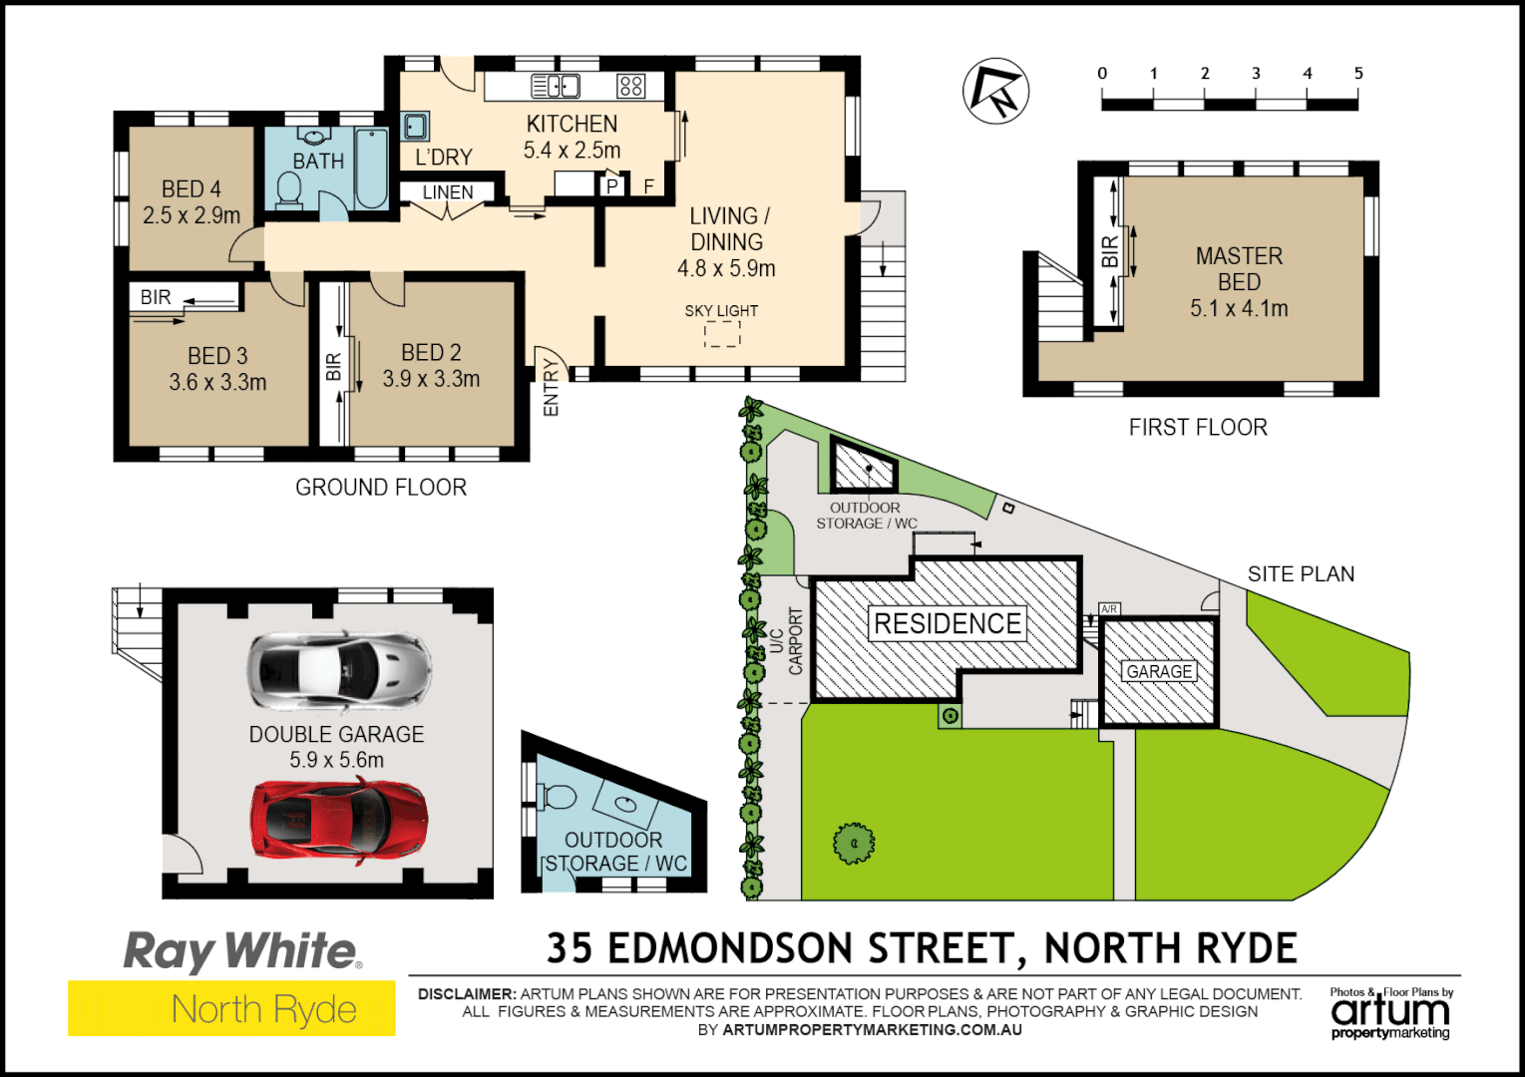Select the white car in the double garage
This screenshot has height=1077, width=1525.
[339, 670]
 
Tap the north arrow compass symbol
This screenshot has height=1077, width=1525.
[995, 91]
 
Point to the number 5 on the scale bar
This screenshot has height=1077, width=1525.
[1357, 73]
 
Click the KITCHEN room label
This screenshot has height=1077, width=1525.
[572, 124]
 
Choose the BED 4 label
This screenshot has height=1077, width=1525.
[191, 189]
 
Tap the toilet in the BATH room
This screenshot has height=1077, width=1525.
[289, 189]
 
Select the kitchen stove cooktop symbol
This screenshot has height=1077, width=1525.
[630, 86]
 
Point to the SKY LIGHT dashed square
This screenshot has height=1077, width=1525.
[722, 333]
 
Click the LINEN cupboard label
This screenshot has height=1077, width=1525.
[448, 192]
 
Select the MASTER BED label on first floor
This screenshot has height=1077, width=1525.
[1239, 269]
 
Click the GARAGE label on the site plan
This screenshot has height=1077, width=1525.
[1159, 671]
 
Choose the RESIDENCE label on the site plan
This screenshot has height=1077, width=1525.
[948, 624]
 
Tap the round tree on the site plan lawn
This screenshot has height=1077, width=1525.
[854, 844]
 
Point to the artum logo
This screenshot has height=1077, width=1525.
[1390, 1013]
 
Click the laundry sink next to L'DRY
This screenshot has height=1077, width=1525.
[416, 126]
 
